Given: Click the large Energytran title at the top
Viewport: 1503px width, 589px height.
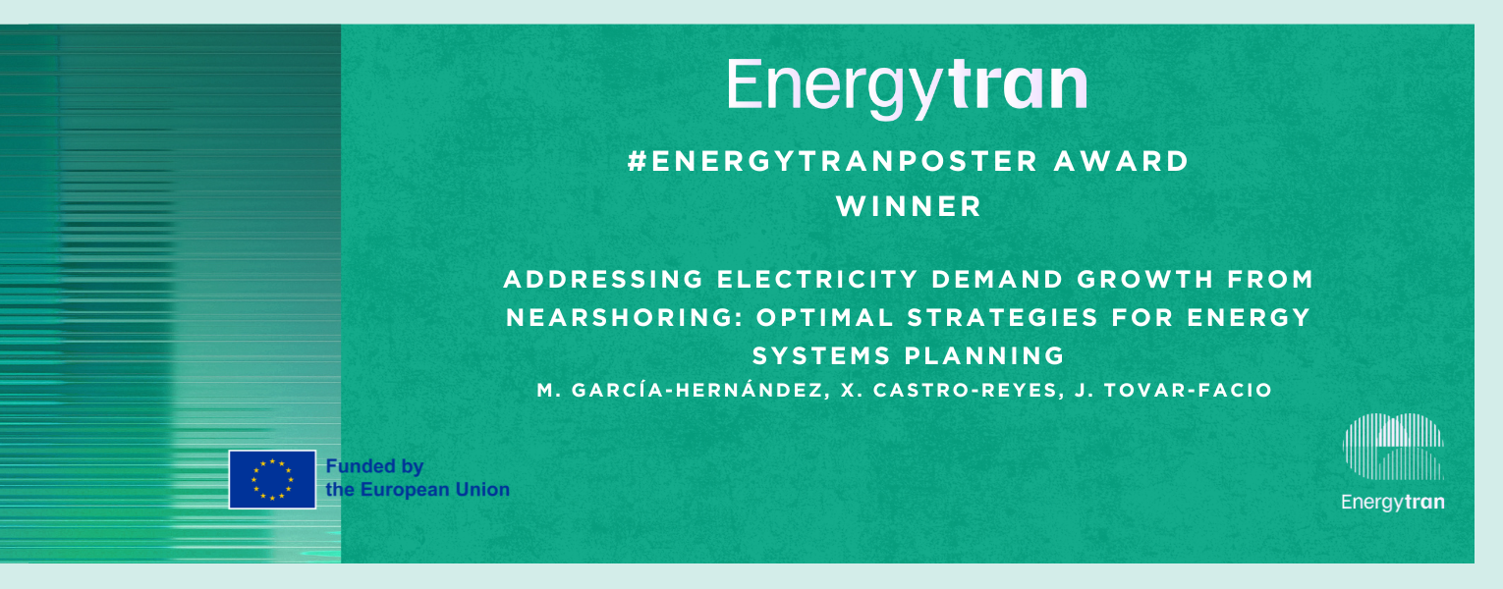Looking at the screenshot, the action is coord(907,88).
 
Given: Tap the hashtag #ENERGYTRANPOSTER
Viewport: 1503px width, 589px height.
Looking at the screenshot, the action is coord(833,162).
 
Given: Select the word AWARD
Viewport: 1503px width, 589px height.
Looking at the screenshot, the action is coord(1121,162).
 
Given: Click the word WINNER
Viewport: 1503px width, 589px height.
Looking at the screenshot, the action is coord(909,206).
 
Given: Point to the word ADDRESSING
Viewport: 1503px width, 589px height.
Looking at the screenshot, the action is coord(603,279).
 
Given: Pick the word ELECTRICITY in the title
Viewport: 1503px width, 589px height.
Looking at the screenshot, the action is coord(817,279).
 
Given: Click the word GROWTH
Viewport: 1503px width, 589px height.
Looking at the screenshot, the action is coord(1145,279).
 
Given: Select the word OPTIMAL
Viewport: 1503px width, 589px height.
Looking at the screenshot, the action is coord(824,317).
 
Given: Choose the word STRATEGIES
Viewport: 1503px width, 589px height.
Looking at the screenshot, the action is coord(1002,317).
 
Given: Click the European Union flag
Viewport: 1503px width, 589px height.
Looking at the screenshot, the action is coord(272,480).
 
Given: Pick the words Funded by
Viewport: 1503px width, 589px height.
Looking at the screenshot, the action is coord(374,467).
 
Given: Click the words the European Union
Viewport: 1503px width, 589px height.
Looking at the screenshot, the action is coord(417,490).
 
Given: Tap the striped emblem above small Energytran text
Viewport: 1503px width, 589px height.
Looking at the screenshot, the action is coord(1393,447).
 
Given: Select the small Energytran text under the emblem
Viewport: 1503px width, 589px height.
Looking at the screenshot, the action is coord(1393,503).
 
